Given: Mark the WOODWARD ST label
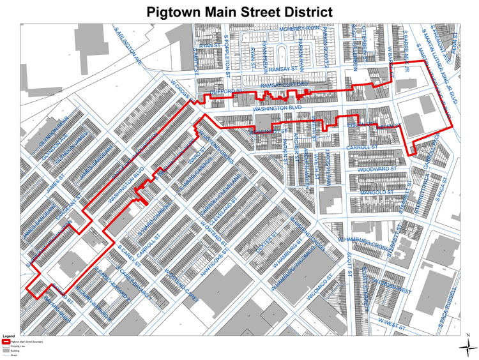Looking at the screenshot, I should pyautogui.click(x=376, y=169).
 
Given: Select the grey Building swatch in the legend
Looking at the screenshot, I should pyautogui.click(x=6, y=350).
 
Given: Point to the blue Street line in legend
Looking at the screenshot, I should pyautogui.click(x=6, y=355).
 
